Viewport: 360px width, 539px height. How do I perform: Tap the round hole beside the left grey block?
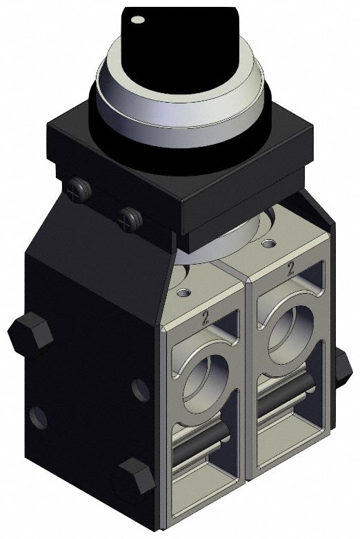pyautogui.click(x=139, y=391)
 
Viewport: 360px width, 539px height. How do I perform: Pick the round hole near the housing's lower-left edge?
pyautogui.click(x=39, y=416)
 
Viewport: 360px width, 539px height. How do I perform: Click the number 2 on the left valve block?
pyautogui.click(x=205, y=318)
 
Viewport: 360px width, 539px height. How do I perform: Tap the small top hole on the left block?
pyautogui.click(x=182, y=293)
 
